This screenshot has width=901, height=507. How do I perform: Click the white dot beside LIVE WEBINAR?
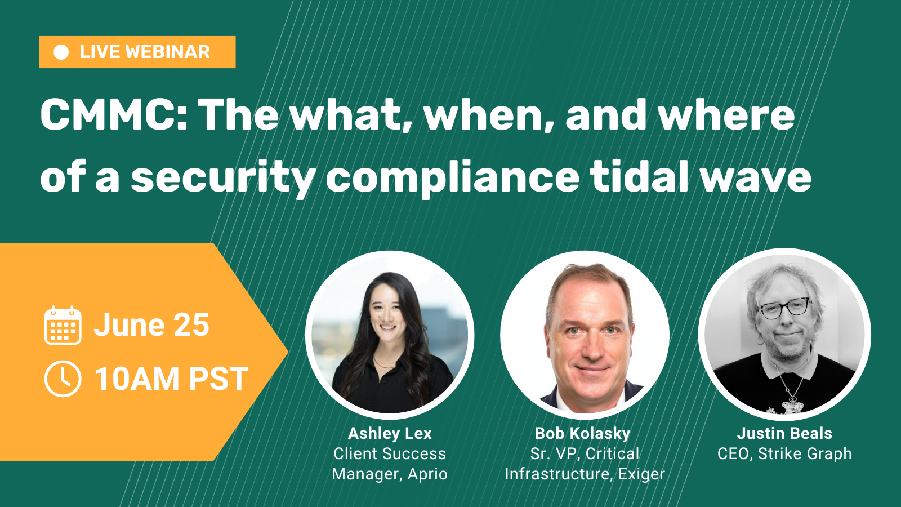tap(61, 52)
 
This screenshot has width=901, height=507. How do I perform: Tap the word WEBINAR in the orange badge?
tap(168, 52)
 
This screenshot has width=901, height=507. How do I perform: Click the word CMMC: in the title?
tap(114, 115)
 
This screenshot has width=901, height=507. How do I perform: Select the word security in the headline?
tap(224, 178)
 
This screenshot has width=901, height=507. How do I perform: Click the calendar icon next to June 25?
tap(63, 325)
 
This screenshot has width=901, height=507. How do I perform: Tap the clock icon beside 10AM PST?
tap(63, 379)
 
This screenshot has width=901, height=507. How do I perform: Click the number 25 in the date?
tap(191, 325)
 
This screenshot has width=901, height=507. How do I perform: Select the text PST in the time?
tap(219, 379)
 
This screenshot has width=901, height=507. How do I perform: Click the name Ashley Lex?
tap(389, 433)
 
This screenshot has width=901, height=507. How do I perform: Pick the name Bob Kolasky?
tap(582, 433)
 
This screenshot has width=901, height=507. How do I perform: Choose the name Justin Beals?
tap(784, 433)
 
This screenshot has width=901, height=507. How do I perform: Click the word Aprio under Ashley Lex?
tap(427, 474)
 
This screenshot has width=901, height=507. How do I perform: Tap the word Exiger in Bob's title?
tap(641, 474)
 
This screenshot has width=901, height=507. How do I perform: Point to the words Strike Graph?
tap(805, 454)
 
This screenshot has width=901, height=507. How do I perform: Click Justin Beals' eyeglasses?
tap(783, 308)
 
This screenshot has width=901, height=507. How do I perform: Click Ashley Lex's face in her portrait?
tap(388, 317)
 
